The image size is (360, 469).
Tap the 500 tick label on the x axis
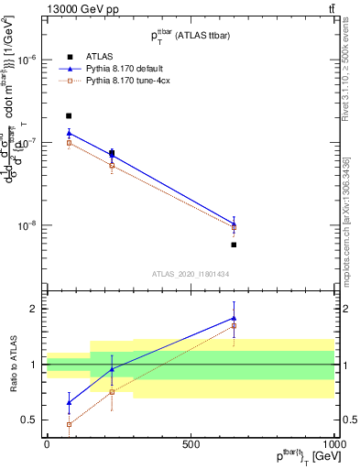tap(191, 444)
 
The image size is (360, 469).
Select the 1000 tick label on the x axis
tap(334, 444)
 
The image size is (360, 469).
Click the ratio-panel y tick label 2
tap(32, 309)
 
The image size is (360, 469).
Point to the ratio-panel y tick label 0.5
tap(28, 420)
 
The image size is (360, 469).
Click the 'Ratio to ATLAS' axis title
tap(13, 364)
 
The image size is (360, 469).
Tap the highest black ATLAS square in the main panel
tap(69, 116)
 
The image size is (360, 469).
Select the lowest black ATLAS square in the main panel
tap(235, 245)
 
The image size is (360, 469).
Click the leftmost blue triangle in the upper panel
tap(69, 133)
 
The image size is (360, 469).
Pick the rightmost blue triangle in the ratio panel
tap(235, 318)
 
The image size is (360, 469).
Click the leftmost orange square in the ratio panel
tap(69, 424)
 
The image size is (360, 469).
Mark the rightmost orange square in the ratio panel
tap(235, 325)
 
